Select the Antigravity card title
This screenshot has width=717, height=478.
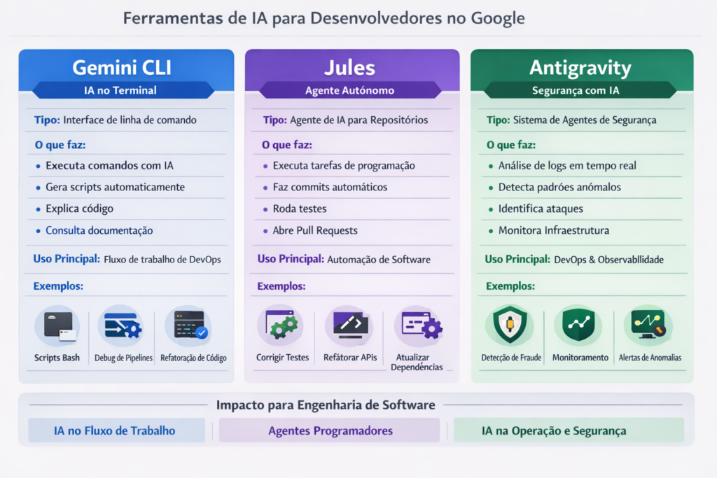point(580,68)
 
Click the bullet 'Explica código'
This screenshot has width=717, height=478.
point(79,209)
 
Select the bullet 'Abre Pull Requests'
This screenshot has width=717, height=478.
point(315,230)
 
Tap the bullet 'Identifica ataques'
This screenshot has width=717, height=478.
point(541,209)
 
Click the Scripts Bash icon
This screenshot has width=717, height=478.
point(57,326)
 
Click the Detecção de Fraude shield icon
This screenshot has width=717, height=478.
point(508,325)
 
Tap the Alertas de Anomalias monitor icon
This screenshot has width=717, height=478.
point(648,325)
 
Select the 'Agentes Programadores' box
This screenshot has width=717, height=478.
point(330,430)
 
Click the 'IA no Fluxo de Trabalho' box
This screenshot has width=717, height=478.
point(115,430)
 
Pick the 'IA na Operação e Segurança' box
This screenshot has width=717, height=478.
point(554,430)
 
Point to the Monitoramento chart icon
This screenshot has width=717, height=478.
point(578,325)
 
